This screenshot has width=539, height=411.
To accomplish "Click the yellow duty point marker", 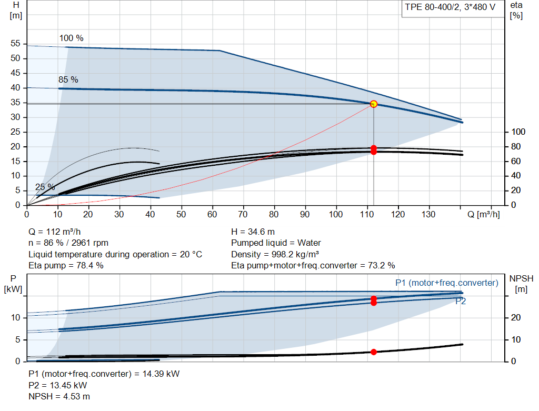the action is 374,104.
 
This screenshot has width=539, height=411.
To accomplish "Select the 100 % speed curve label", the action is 71,38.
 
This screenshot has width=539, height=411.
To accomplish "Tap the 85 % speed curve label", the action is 68,79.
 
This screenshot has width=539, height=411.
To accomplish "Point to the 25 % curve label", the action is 45,187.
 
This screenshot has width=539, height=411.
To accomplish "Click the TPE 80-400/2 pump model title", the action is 450,7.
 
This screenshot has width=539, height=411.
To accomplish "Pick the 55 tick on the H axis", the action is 15,43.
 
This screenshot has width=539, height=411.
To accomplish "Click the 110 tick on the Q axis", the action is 367,214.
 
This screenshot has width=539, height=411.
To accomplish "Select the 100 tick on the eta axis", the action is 518,132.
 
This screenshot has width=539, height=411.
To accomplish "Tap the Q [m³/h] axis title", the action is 483,214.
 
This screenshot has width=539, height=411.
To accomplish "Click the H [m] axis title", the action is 16,11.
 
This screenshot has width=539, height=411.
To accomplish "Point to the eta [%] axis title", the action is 516,11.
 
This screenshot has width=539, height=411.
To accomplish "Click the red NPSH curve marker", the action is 374,352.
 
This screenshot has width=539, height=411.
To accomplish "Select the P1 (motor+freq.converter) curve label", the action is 447,283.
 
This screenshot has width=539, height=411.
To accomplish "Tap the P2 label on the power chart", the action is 461,302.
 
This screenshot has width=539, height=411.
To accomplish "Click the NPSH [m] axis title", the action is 521,284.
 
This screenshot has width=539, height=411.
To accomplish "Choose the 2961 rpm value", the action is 90,243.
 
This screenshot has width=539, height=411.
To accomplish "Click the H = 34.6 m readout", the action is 253,232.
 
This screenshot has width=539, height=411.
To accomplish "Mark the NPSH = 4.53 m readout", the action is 59,397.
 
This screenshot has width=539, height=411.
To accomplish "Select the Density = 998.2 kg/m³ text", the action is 275,254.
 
